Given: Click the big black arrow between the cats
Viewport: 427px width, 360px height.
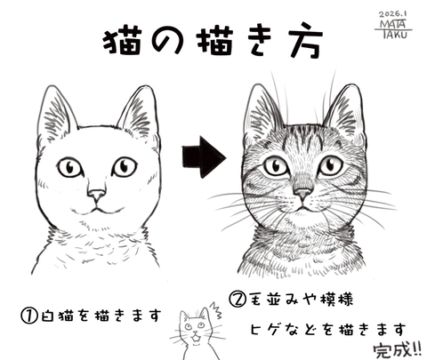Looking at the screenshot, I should tap(203, 158).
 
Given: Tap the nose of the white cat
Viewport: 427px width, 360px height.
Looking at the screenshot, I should tap(98, 194).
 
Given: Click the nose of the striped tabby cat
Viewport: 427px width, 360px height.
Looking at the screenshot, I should tap(302, 193).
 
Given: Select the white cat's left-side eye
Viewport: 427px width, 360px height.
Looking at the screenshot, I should tap(69, 167).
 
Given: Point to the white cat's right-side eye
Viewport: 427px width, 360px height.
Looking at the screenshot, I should tap(124, 165).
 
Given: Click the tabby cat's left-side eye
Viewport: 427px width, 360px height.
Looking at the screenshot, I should tap(275, 165).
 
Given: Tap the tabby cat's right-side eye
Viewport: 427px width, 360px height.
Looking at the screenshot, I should tap(330, 164).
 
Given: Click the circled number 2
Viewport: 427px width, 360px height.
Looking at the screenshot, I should tap(238, 300).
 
